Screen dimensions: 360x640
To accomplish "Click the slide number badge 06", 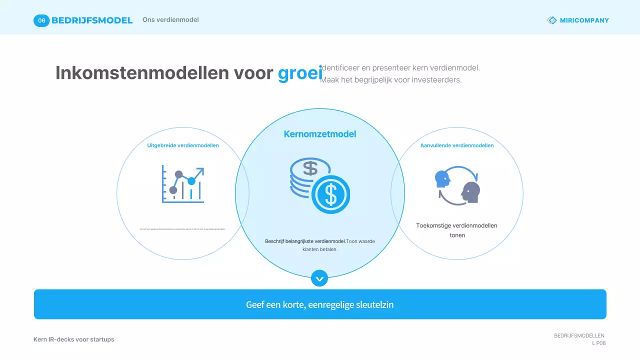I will [41, 20].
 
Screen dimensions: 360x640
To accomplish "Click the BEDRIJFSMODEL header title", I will [92, 20].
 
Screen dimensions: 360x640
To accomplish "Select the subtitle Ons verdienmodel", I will [170, 20].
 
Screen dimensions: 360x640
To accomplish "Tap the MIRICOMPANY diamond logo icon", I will [551, 20].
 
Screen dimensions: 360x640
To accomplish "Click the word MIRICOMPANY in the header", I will [584, 20].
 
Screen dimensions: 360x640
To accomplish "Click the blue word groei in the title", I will [300, 73].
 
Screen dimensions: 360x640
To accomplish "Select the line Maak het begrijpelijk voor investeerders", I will [390, 80].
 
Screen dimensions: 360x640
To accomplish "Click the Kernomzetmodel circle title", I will [320, 134].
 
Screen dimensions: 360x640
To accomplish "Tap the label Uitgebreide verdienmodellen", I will [183, 145].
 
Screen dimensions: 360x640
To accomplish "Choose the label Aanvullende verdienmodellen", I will [457, 145].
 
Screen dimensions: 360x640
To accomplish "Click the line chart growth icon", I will [183, 184].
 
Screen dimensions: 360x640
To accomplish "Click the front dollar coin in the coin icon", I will [330, 194].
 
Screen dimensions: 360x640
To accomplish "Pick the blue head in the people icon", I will [442, 178].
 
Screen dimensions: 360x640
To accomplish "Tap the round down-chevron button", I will [319, 278].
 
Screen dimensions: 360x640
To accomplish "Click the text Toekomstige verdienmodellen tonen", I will [457, 230].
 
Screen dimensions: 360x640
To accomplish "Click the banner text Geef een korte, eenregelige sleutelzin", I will [320, 304].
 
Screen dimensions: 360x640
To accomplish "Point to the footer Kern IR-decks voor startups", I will [74, 339].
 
